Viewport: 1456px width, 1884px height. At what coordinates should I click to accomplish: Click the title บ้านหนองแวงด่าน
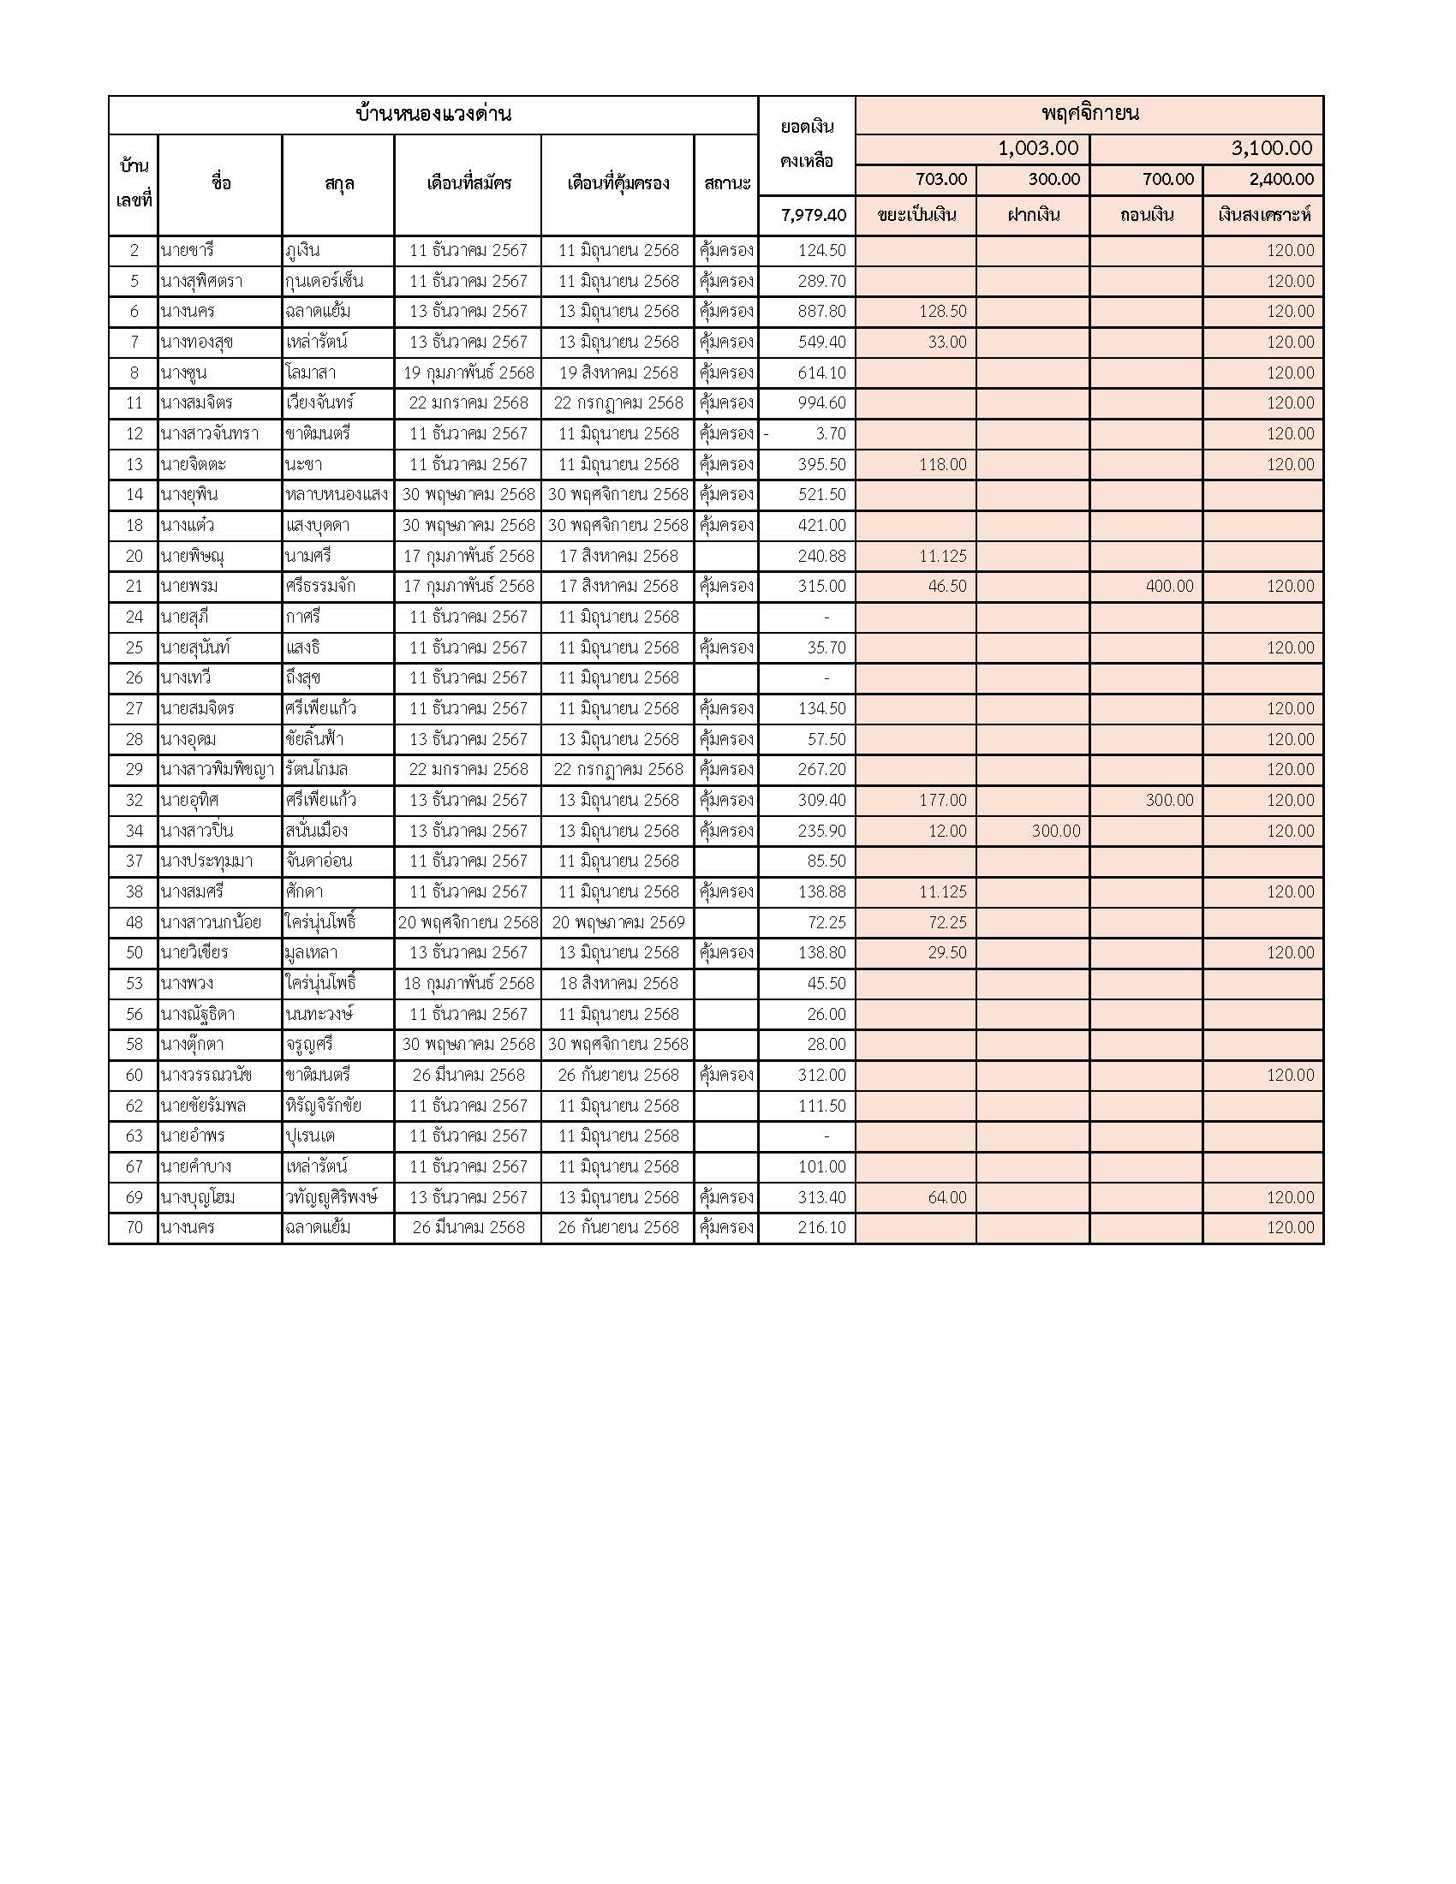[433, 114]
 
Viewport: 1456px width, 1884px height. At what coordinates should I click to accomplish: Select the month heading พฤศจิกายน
[1089, 113]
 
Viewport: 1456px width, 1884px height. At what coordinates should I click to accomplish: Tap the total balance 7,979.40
[814, 215]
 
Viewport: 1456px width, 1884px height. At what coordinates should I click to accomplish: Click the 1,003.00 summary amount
[1038, 148]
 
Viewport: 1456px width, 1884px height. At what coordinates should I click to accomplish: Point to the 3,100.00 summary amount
[1270, 148]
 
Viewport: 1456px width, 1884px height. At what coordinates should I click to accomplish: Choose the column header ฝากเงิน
[1034, 215]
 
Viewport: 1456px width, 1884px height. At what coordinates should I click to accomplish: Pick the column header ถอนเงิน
[1146, 215]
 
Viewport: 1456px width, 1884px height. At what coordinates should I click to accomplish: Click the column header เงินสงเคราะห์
[1263, 215]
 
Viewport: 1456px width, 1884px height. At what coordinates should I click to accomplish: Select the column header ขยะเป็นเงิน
[916, 215]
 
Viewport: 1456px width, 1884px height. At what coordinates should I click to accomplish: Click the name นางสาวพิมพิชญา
[218, 770]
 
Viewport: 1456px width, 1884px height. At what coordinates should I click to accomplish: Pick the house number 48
[134, 922]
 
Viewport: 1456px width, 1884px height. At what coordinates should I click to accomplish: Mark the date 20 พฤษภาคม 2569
[618, 922]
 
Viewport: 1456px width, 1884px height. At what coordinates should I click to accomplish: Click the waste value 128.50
[942, 312]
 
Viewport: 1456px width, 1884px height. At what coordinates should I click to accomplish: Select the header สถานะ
[726, 183]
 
